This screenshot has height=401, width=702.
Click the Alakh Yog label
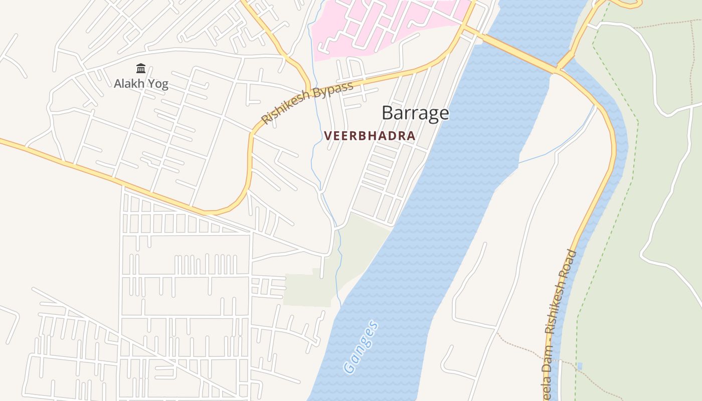point(141,84)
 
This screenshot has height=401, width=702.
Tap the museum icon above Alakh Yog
point(141,68)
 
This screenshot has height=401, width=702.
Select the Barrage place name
point(415,113)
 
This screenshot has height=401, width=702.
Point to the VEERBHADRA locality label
point(370,136)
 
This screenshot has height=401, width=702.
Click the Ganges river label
point(361,347)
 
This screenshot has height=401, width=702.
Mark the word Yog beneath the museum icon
point(158,84)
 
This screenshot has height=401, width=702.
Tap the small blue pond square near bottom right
point(580,366)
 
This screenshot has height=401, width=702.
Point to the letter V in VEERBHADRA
point(327,136)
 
